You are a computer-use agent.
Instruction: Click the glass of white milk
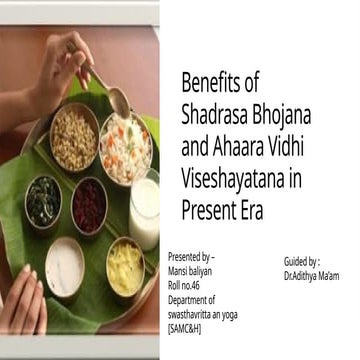coord(144,211)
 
